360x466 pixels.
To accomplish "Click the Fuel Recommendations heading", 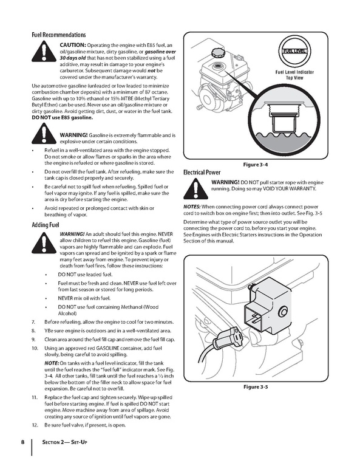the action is point(58,35).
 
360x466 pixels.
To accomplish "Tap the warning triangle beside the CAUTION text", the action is point(44,52).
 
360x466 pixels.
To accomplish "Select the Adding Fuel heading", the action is point(46,225).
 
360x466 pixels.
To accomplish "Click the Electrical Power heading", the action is point(202,173).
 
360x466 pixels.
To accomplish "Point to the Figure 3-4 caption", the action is point(256,165).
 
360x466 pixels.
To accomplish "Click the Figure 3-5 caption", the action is point(256,387).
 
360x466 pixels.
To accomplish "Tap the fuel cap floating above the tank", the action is point(219,53).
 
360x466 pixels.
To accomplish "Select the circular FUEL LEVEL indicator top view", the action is point(294,51).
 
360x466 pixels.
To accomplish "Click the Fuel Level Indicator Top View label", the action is point(294,75).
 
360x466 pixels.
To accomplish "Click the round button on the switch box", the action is point(283,312).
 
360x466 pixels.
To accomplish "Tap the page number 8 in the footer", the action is point(23,442).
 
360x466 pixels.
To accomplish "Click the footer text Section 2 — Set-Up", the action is point(65,442).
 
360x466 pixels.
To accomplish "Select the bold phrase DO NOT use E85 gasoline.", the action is point(63,118).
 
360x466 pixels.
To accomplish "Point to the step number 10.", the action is point(35,348).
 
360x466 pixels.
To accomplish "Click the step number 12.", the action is point(35,425).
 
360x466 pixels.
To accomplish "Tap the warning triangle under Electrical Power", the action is point(195,189).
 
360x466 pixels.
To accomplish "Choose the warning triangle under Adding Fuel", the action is point(44,243).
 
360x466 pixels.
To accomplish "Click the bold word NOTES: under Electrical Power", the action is point(192,207).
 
